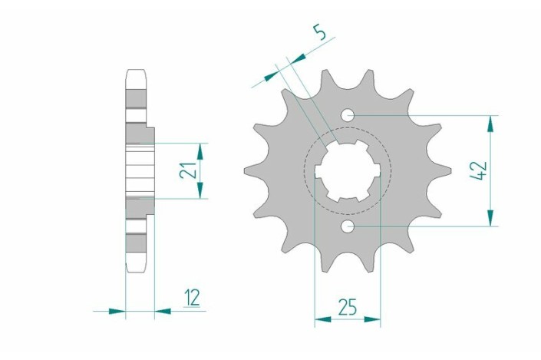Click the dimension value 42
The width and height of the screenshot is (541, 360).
(x=478, y=170)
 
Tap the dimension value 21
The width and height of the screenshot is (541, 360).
(x=188, y=170)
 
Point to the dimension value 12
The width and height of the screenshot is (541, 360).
(x=192, y=298)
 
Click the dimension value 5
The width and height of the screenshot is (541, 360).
(x=320, y=33)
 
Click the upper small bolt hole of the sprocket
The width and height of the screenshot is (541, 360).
(x=348, y=115)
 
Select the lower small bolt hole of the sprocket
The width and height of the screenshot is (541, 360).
(x=348, y=226)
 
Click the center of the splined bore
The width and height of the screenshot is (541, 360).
(x=348, y=170)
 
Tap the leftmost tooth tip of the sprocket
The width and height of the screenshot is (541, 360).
(x=245, y=170)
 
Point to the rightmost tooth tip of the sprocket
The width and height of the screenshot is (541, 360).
(x=450, y=170)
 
